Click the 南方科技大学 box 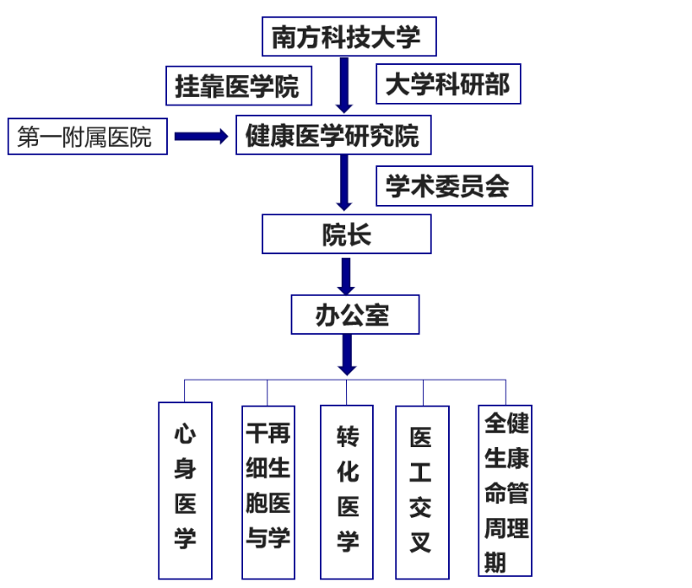(x=348, y=36)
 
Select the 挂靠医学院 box (x=238, y=86)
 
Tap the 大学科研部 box (x=447, y=84)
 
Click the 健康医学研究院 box (x=333, y=136)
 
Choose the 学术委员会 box (x=453, y=185)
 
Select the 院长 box (x=346, y=234)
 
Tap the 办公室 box (x=355, y=315)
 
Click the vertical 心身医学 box (x=185, y=489)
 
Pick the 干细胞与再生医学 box (x=267, y=489)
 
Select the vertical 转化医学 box (x=348, y=489)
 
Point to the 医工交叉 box (x=421, y=489)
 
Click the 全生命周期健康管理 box (x=505, y=489)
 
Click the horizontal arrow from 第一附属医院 (x=200, y=137)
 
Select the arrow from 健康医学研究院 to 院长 (x=345, y=183)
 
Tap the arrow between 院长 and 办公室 (x=347, y=276)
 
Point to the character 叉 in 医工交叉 (x=421, y=543)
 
